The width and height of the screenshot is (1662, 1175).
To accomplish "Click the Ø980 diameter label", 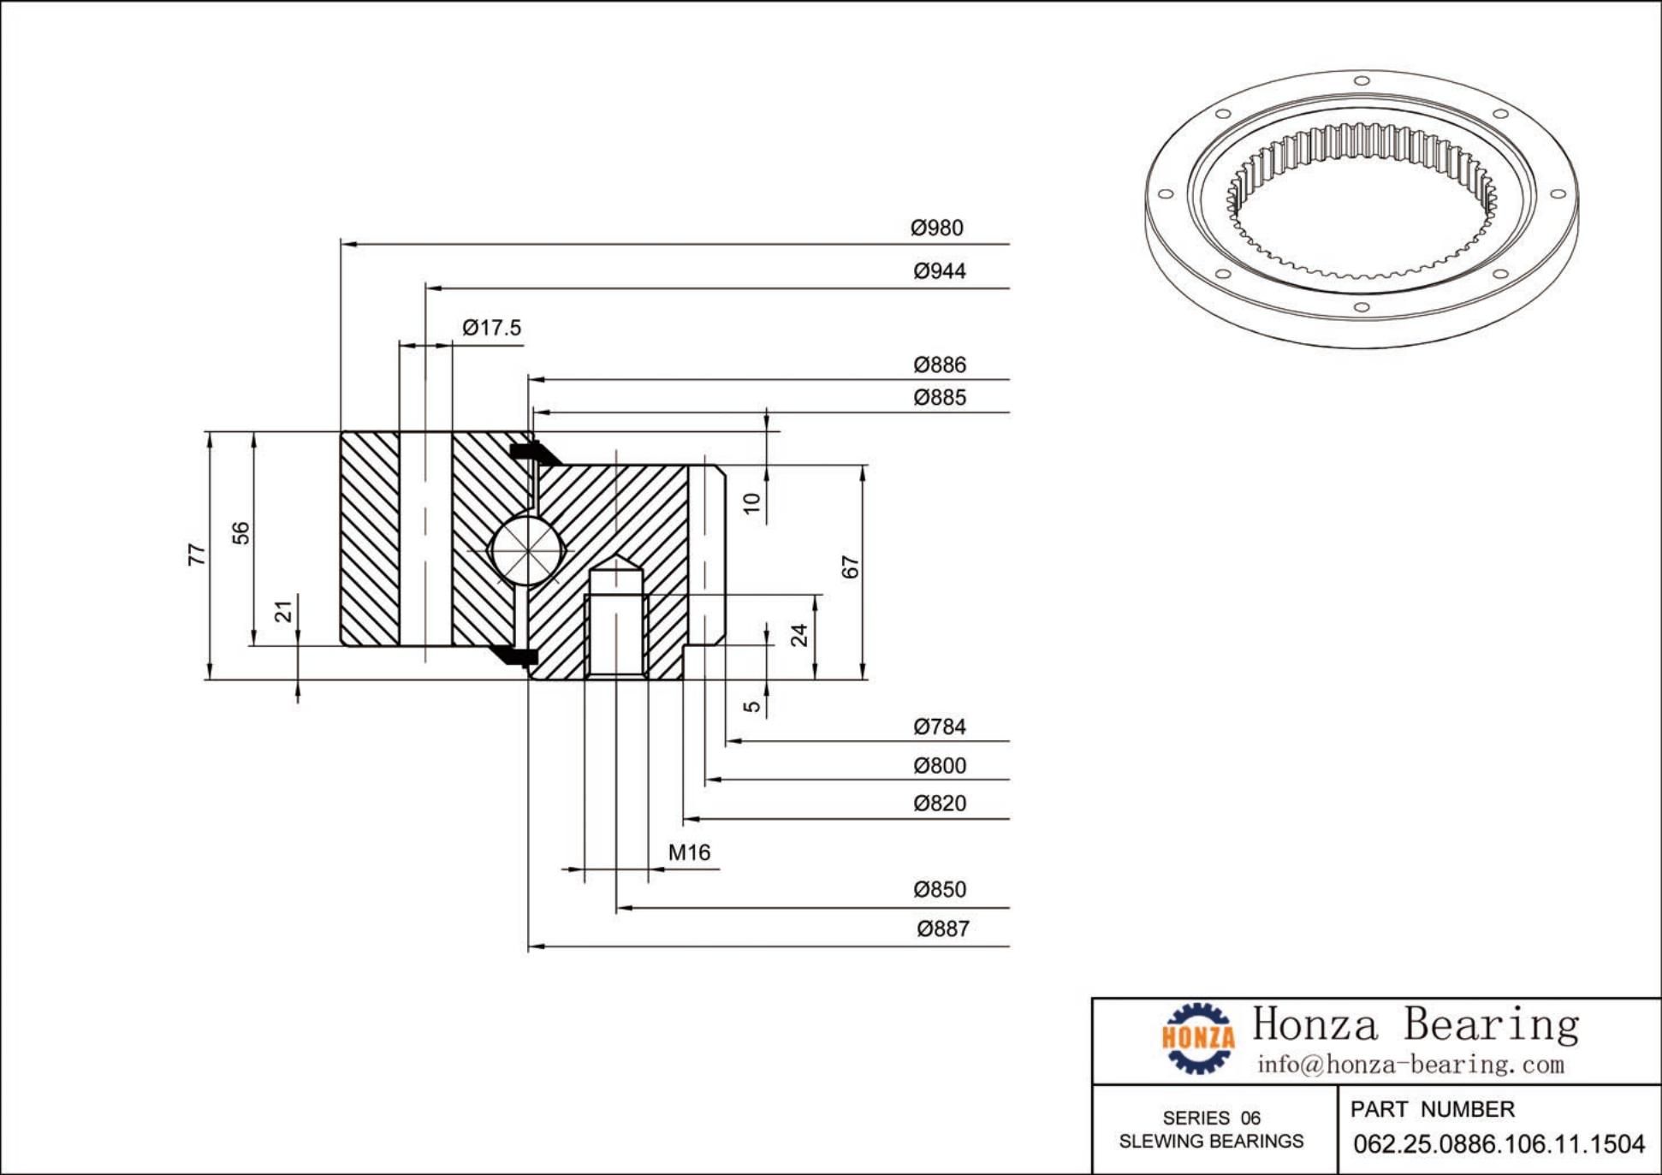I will [937, 228].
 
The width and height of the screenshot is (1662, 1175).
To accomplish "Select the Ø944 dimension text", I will [940, 271].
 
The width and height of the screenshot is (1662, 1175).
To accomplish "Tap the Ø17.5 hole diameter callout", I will [492, 328].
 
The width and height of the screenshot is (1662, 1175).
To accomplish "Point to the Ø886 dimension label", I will [940, 365].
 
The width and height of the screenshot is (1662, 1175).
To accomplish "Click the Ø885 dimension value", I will [940, 398].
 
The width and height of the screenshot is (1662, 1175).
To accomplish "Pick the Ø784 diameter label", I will [940, 727].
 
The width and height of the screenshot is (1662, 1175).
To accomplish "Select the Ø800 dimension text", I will [940, 766].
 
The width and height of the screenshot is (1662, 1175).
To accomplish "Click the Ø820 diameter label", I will [940, 804].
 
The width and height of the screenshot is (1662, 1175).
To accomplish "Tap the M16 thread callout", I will [689, 852].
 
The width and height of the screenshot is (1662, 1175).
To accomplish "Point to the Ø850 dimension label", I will [940, 890].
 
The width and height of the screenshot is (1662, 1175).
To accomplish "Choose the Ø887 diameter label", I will [943, 929].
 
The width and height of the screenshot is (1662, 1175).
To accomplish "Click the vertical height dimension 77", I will [197, 555].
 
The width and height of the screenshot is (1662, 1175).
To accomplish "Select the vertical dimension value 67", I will [850, 567].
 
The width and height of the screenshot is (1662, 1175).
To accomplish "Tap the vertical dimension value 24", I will [798, 635].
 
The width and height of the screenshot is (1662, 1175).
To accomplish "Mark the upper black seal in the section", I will [526, 451].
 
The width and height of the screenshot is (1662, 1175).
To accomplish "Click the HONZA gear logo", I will [1198, 1038].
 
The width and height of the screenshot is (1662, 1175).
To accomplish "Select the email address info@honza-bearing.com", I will [1410, 1065].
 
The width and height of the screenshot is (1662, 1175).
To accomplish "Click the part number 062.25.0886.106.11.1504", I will [1499, 1144].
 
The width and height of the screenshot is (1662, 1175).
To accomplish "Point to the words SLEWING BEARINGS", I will [1211, 1142].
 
